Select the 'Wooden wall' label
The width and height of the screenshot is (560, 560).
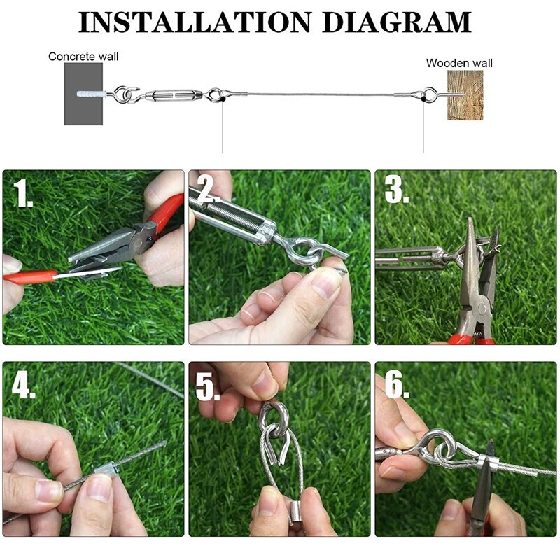point(459,63)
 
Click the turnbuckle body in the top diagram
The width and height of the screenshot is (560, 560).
point(172,94)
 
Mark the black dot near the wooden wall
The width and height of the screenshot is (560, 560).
point(423,101)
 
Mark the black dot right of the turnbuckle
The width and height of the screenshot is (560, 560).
point(222,101)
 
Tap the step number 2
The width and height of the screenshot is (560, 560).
point(207,190)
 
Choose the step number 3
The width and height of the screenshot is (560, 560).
point(396,190)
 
